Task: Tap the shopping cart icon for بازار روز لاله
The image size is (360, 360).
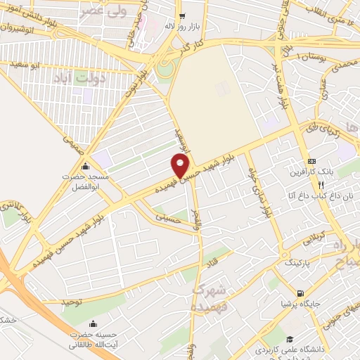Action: [181, 16]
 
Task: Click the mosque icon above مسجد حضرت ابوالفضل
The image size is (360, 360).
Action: [86, 167]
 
